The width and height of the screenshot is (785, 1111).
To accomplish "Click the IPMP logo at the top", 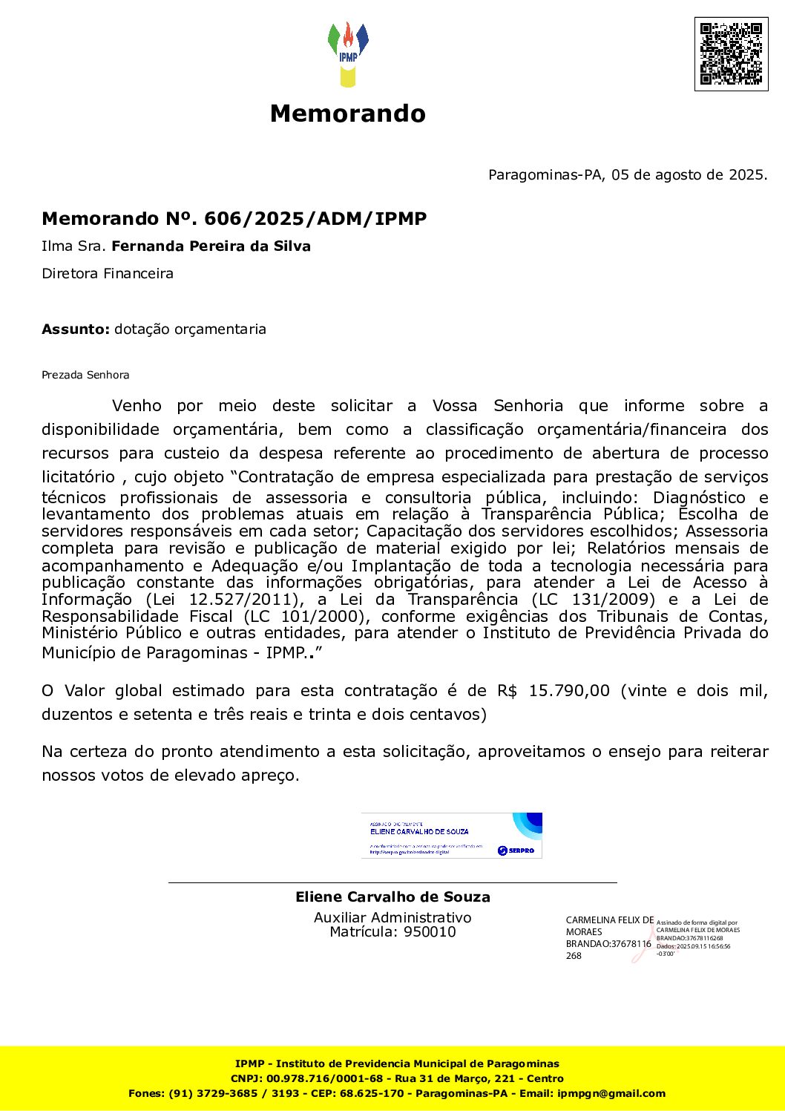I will tap(347, 53).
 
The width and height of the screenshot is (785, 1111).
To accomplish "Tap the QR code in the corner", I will tap(731, 54).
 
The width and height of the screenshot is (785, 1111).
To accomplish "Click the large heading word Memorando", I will tap(347, 114).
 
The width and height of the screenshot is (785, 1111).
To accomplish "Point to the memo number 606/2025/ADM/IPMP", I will tap(315, 219).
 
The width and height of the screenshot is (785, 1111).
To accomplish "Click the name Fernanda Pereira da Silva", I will tap(211, 246).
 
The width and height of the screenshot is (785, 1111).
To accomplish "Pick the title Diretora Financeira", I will tap(108, 274).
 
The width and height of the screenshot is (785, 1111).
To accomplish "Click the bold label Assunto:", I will tap(76, 330).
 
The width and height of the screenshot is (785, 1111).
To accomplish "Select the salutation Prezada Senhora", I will tap(85, 376).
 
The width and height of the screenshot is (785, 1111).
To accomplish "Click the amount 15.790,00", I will tap(569, 691).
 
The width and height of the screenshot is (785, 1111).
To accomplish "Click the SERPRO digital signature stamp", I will tap(451, 836).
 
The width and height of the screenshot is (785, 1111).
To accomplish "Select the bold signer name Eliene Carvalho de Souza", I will tap(392, 897).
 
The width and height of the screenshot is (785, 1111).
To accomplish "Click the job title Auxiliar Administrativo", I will tap(392, 918).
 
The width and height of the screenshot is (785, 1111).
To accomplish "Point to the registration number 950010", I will tap(430, 932).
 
